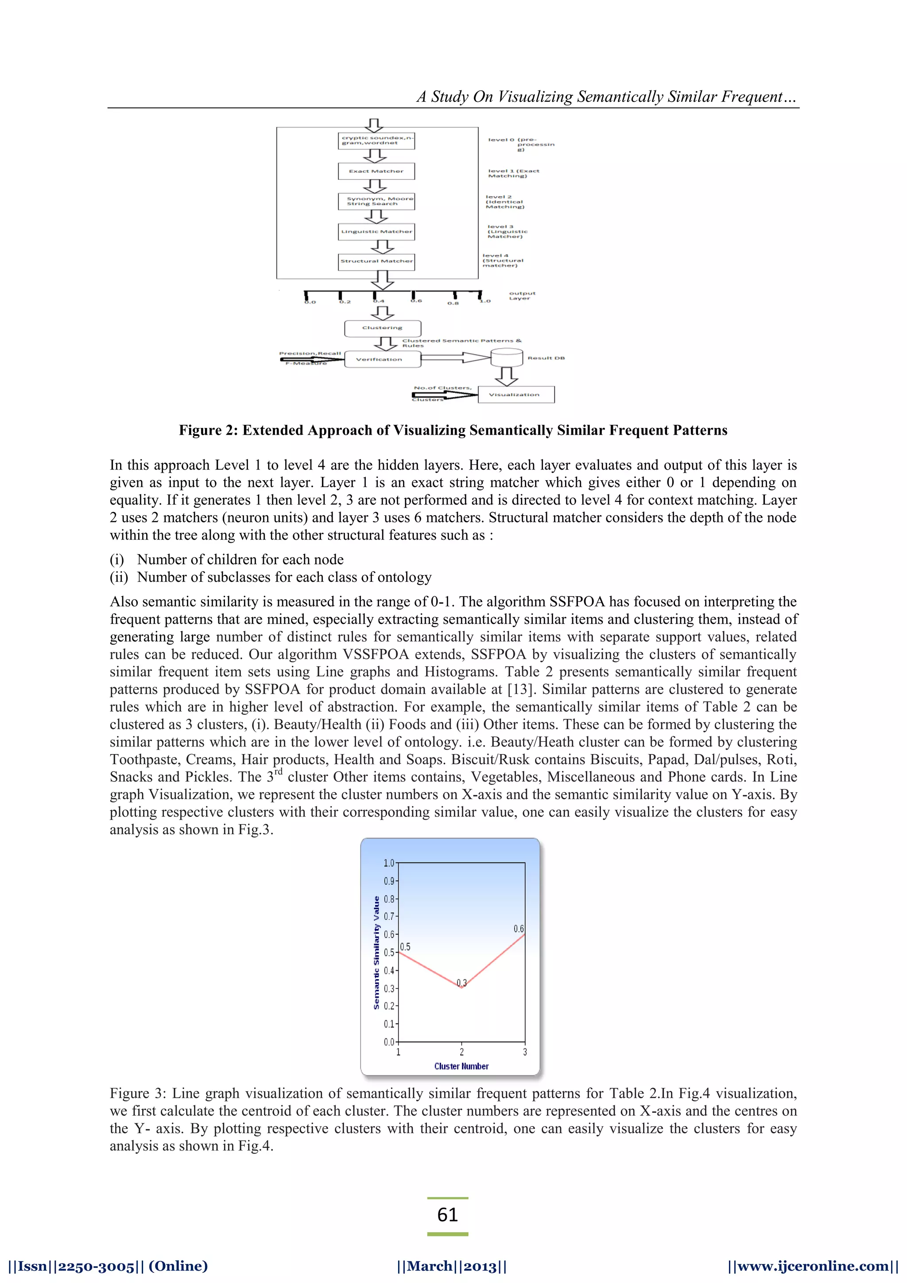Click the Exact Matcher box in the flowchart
(x=376, y=171)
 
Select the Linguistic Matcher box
(x=376, y=231)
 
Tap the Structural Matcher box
(x=376, y=261)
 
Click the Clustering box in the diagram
(x=383, y=328)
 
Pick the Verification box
(x=382, y=359)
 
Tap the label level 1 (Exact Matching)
(x=513, y=173)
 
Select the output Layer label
(x=522, y=295)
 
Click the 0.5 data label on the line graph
(x=405, y=947)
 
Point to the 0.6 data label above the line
(x=518, y=929)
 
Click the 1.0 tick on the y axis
(x=389, y=863)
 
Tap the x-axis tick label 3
(x=524, y=1052)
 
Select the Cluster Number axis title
(x=461, y=1066)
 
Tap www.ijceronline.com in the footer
(x=813, y=1266)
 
